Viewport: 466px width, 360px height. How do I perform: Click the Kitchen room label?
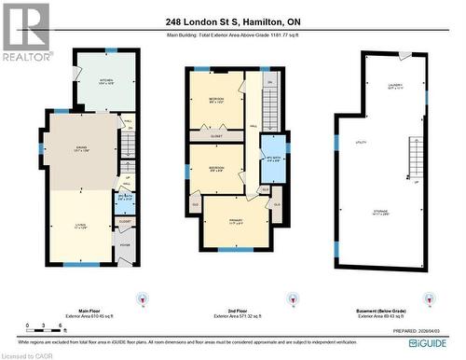[x=106, y=82]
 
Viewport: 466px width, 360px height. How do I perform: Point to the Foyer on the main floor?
[x=125, y=246]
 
